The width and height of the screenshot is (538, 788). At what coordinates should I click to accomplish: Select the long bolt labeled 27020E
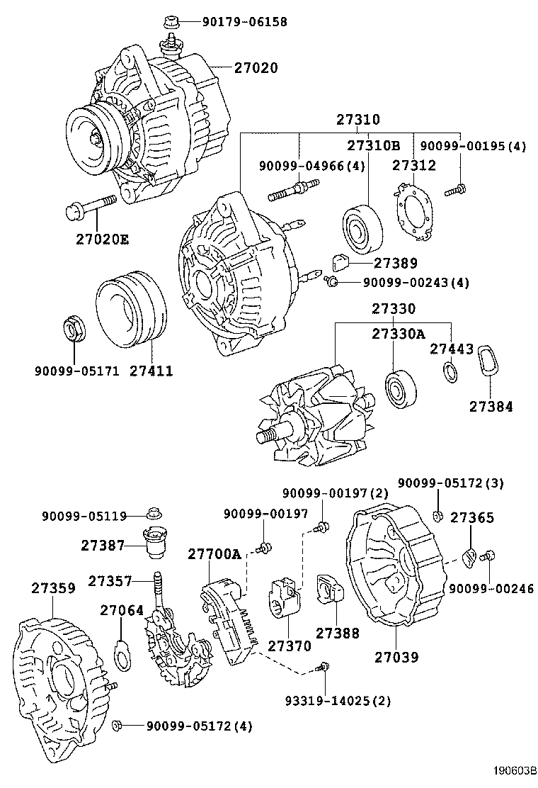tap(91, 207)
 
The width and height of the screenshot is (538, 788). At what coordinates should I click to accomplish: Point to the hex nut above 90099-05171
tap(73, 330)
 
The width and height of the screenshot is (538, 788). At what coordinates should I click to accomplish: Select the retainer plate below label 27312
tap(413, 210)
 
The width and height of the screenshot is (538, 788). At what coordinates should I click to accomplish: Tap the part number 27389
tap(396, 263)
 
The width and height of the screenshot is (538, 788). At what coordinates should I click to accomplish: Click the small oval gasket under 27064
tap(122, 655)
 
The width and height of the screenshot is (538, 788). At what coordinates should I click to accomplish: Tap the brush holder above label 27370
tap(285, 600)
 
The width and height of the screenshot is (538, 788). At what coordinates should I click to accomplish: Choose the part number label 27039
tap(396, 657)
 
